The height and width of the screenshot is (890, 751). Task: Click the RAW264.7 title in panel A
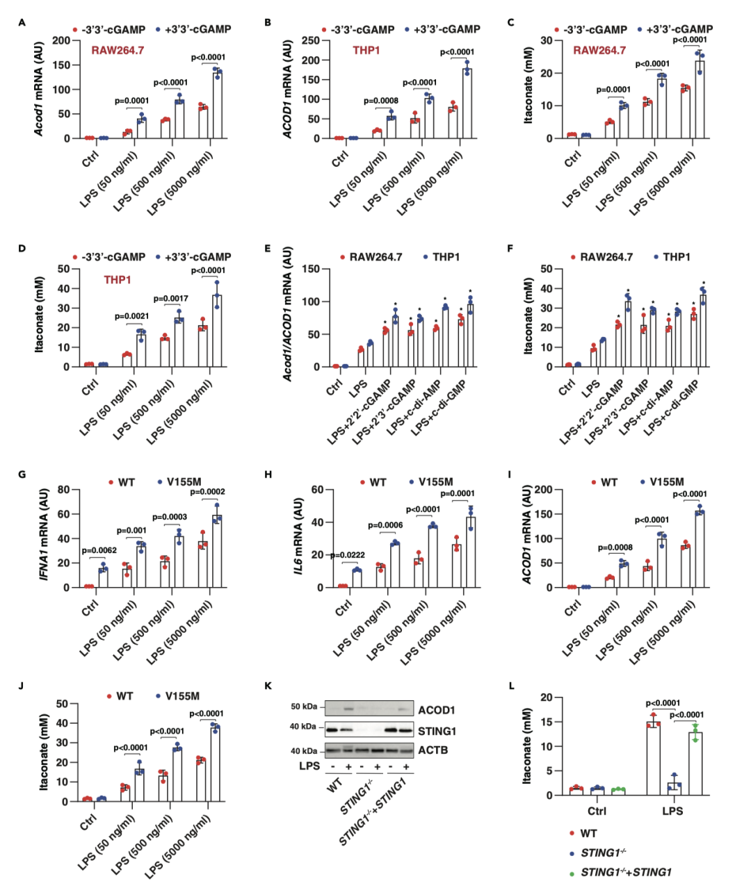(x=118, y=50)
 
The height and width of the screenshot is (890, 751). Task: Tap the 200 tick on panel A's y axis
(x=62, y=40)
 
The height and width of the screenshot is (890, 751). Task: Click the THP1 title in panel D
(x=118, y=280)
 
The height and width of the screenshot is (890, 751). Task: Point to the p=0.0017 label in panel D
(x=171, y=299)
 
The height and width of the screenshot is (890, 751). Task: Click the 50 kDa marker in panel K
(x=303, y=707)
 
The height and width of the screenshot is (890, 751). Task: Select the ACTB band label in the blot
(x=433, y=750)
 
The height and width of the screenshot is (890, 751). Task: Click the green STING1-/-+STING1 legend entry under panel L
(x=626, y=872)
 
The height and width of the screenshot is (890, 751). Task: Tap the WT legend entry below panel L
(x=588, y=833)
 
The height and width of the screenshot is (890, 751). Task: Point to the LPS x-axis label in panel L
(x=672, y=811)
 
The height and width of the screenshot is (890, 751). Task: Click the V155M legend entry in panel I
(x=666, y=481)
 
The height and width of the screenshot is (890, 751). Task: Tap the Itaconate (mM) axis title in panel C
(x=528, y=85)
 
